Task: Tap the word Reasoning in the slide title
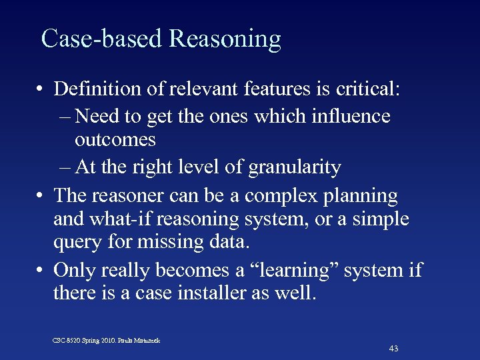pyautogui.click(x=225, y=40)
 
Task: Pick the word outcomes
pyautogui.click(x=115, y=140)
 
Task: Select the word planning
pyautogui.click(x=364, y=196)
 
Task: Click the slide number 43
pyautogui.click(x=393, y=348)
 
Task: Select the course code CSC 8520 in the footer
pyautogui.click(x=68, y=341)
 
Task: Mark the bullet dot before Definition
pyautogui.click(x=41, y=89)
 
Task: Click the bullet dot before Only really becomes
pyautogui.click(x=41, y=271)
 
